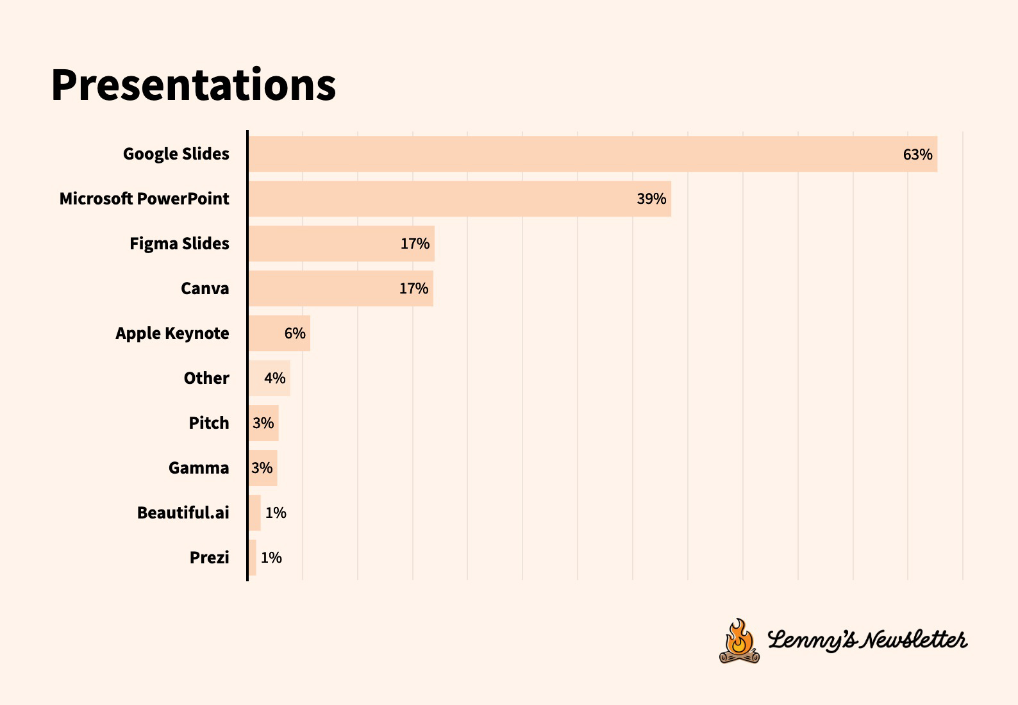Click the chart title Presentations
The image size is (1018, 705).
point(193,85)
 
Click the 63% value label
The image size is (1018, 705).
point(917,154)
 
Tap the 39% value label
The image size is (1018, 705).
point(651,199)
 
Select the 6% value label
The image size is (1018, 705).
point(295,333)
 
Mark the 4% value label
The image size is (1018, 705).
point(275,378)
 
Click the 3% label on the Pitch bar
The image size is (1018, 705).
point(263,423)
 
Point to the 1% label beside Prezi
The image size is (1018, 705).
point(271,558)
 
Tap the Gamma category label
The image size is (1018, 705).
point(199,468)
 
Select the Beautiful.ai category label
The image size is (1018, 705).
point(183,513)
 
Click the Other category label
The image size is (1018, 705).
point(206,378)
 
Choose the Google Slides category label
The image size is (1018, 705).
point(176,154)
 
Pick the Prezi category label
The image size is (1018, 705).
point(209,558)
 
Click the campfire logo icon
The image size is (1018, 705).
point(739,641)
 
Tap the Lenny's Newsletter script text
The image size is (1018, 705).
point(867,640)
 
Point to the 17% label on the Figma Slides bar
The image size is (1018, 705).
point(415,244)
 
